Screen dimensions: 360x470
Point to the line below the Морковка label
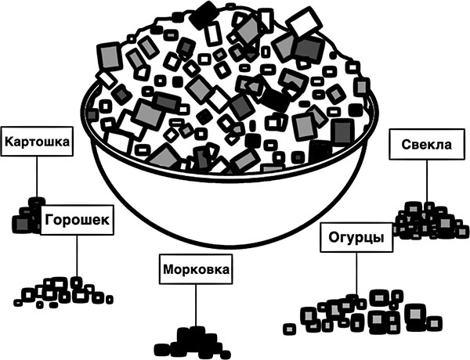[x=195, y=305]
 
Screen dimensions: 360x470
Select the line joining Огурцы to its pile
[x=356, y=274]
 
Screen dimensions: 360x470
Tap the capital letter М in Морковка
[x=168, y=271]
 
